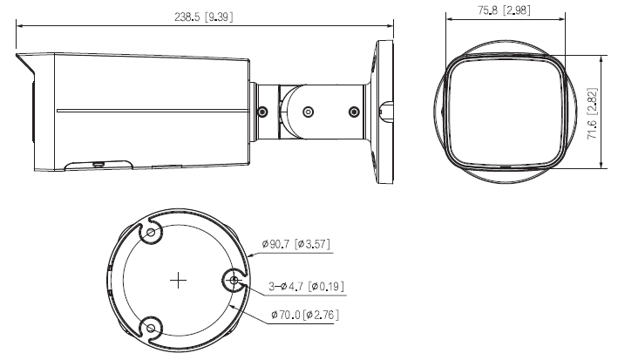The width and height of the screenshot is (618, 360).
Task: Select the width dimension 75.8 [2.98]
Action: point(505,11)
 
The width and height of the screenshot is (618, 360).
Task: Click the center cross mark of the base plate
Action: point(178,281)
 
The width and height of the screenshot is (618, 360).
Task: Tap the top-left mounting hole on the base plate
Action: point(152,234)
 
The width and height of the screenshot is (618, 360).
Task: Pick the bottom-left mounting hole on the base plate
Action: point(152,328)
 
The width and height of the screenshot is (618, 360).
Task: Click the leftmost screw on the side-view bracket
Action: point(262,112)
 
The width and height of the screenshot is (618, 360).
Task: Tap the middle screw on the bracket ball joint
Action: point(308,112)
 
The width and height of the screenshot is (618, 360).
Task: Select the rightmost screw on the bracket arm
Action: point(353,112)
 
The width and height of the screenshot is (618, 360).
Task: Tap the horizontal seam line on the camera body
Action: point(153,112)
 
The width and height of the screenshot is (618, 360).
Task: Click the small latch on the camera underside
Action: point(98,162)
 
